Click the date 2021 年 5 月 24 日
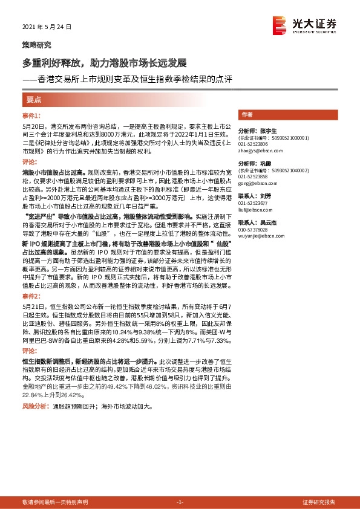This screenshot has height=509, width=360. (x=47, y=27)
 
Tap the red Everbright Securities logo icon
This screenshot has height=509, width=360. (x=280, y=25)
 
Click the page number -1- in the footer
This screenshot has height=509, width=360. (x=179, y=502)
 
